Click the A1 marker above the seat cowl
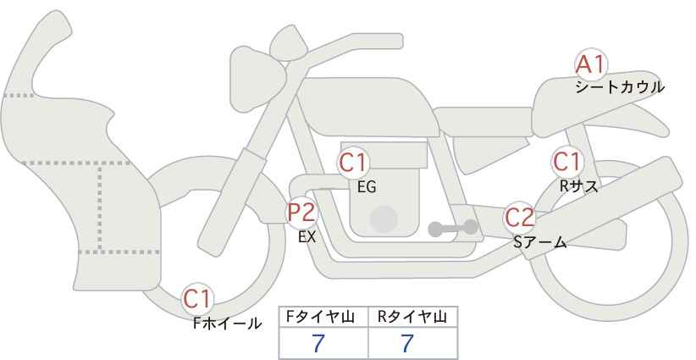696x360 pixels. [591, 65]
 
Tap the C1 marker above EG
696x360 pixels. [353, 163]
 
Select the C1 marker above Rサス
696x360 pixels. [566, 162]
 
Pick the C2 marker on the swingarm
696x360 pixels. [520, 218]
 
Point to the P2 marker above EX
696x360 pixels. [301, 212]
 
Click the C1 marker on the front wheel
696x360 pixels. [197, 299]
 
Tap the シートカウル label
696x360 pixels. [620, 87]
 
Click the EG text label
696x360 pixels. [367, 187]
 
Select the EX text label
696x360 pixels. [307, 237]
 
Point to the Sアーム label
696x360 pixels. [540, 242]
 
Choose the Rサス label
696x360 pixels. [578, 186]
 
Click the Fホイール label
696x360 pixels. [227, 324]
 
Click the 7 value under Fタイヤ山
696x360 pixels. [318, 344]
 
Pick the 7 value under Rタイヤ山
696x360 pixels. [407, 344]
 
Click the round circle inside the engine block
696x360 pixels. [384, 219]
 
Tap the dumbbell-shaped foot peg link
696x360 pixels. [453, 228]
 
